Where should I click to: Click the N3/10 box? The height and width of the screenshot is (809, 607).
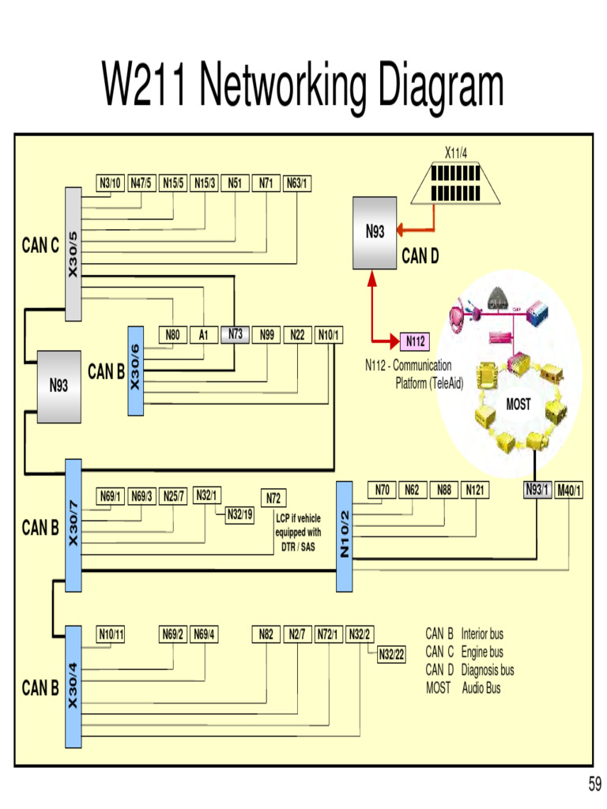coord(110,183)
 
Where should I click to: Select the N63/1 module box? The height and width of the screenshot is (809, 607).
coord(297,183)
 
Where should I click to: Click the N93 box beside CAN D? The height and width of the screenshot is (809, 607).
coord(375,232)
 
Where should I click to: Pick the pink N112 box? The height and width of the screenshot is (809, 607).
coord(416,341)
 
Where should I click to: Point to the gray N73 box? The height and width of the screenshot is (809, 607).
coord(236,334)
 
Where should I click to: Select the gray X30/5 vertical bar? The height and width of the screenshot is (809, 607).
coord(74,254)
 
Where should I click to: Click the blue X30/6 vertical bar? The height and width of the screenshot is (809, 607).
coord(134,370)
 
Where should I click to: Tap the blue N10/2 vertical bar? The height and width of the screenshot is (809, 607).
coord(345,536)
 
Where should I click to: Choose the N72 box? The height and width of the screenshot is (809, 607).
coord(273,499)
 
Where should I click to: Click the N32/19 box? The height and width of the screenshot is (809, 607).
coord(239,514)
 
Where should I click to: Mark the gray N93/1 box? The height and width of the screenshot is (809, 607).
coord(537,491)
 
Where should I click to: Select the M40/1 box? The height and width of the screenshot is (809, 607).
coord(569,491)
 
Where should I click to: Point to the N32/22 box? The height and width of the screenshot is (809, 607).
coord(390,654)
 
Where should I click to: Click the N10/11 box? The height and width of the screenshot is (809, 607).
coord(111,634)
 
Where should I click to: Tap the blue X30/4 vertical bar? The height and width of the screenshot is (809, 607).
coord(74,687)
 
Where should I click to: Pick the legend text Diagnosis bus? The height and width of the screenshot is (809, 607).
coord(488,670)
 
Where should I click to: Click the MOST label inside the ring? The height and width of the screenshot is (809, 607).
coord(518,404)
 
